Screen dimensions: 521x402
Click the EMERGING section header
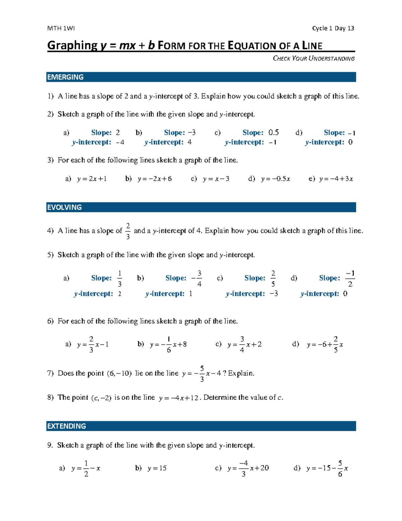tap(66, 77)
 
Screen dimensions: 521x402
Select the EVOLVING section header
tap(65, 207)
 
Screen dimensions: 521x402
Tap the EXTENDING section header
tap(67, 426)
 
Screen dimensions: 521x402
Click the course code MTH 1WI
tap(61, 28)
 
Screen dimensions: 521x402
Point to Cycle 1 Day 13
tap(333, 28)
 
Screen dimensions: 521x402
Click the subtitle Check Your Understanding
tap(314, 58)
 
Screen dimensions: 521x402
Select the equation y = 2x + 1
tap(92, 179)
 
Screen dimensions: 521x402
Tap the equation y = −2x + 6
tap(154, 179)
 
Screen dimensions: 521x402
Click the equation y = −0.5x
tap(275, 179)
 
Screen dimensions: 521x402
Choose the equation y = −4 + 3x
tap(336, 179)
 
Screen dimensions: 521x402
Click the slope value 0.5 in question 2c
tap(273, 133)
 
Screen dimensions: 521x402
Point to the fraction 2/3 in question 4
tap(128, 231)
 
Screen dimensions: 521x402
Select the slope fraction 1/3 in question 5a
tap(120, 278)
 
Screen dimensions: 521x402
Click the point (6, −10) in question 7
tap(119, 373)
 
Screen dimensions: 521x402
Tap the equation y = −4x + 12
tap(179, 398)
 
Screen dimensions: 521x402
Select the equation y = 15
tap(157, 468)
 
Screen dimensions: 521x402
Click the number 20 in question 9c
tap(264, 468)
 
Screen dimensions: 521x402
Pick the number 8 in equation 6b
tap(184, 345)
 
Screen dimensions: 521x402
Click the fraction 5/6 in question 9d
tap(340, 468)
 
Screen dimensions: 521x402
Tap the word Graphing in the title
tap(72, 45)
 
